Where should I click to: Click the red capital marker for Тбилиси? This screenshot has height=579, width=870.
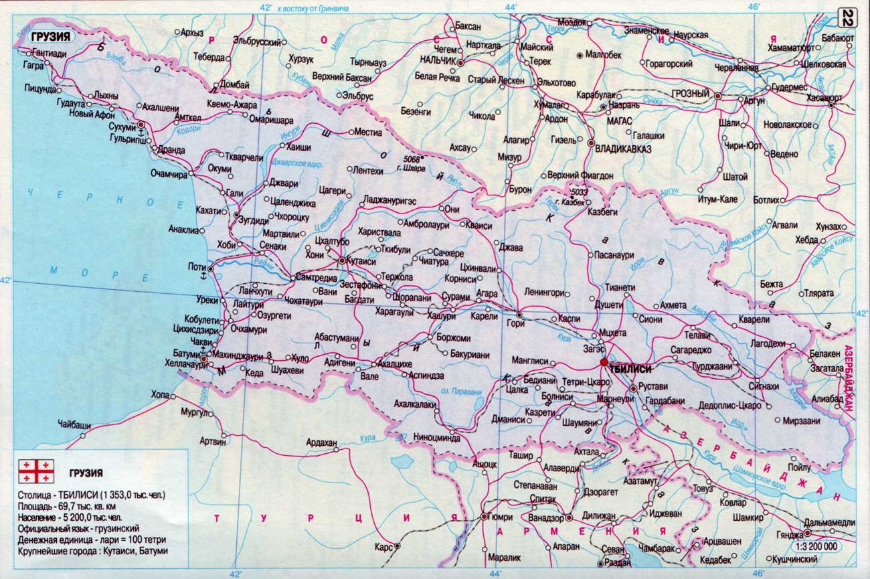(x=604, y=362)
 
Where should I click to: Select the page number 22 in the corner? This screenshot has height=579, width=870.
(x=848, y=18)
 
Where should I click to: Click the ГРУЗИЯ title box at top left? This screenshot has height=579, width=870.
(x=51, y=37)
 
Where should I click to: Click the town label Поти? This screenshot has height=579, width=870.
(x=197, y=266)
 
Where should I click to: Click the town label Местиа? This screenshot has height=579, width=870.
(x=368, y=132)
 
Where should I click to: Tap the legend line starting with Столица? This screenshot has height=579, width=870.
(x=92, y=495)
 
